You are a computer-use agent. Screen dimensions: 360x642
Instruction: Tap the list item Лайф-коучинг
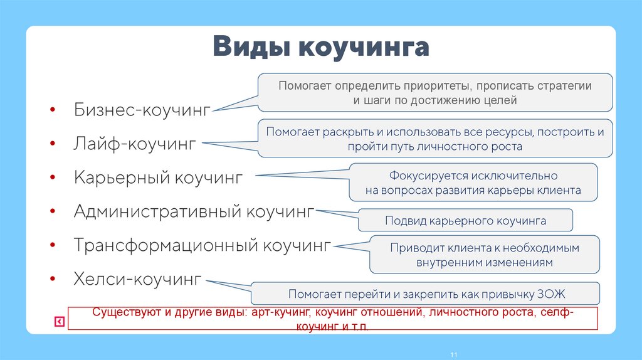[135, 144]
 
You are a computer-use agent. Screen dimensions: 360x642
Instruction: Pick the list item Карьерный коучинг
[157, 177]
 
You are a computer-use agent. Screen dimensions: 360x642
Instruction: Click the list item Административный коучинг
[193, 211]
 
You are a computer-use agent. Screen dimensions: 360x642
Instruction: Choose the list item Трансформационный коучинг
[201, 245]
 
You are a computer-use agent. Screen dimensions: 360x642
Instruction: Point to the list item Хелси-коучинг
[137, 278]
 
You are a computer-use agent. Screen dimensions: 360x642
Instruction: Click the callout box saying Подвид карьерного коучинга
[465, 221]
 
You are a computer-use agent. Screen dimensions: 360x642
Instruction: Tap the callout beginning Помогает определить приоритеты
[435, 92]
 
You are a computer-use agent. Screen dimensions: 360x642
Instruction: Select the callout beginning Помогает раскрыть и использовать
[435, 139]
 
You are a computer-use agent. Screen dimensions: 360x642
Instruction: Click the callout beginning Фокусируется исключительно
[473, 183]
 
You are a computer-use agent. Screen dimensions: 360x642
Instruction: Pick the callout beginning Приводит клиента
[485, 255]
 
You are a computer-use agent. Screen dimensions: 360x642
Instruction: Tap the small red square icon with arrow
[59, 322]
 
